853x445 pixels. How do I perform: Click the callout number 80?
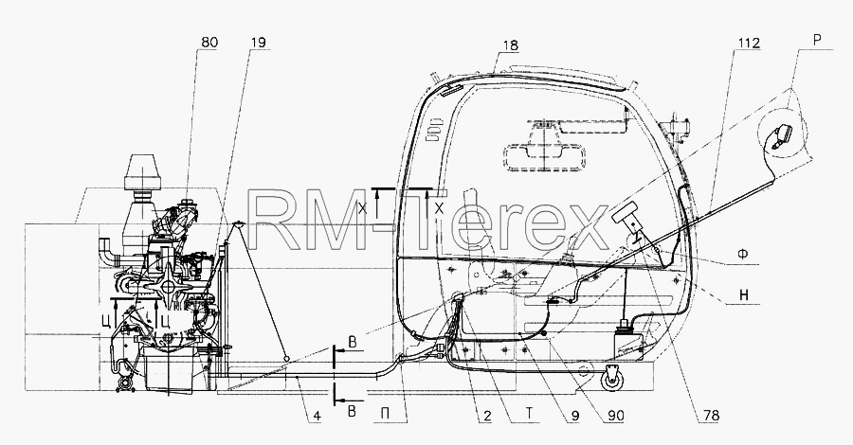209,43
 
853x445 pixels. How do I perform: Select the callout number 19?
259,43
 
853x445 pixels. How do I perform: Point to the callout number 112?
749,43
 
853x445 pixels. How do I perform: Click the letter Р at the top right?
817,40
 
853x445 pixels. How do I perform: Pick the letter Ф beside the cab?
743,253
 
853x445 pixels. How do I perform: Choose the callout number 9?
575,416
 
